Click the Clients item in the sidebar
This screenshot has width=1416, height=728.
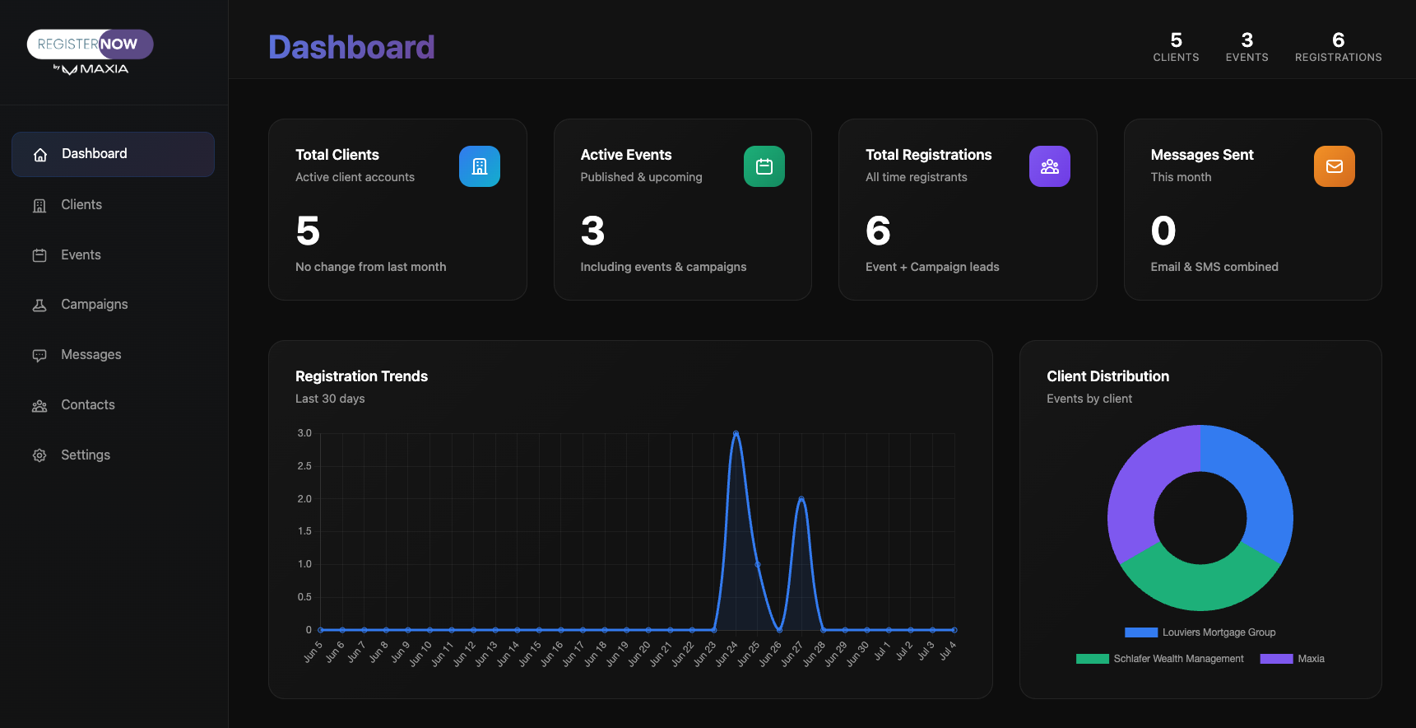point(81,205)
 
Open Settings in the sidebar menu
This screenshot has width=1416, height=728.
point(85,455)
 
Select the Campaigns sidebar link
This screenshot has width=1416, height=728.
point(94,305)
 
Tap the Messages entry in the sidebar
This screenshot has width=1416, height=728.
point(91,355)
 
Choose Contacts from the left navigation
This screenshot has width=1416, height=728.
point(87,405)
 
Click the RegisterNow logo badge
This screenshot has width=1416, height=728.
point(91,44)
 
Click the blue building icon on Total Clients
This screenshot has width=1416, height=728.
point(480,166)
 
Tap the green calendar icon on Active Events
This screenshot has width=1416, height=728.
point(764,166)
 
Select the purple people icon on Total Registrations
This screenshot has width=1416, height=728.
point(1050,166)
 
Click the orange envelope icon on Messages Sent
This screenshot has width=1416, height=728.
point(1335,166)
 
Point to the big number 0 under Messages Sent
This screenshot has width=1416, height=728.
point(1163,231)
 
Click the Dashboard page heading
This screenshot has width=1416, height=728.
point(351,48)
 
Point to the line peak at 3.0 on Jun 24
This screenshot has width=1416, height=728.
point(736,433)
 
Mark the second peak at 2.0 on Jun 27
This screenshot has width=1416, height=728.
point(801,498)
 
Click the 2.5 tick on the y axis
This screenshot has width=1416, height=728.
point(304,466)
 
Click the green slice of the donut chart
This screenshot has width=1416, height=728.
point(1200,586)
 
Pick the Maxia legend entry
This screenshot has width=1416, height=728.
point(1311,659)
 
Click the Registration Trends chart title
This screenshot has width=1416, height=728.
point(361,376)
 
